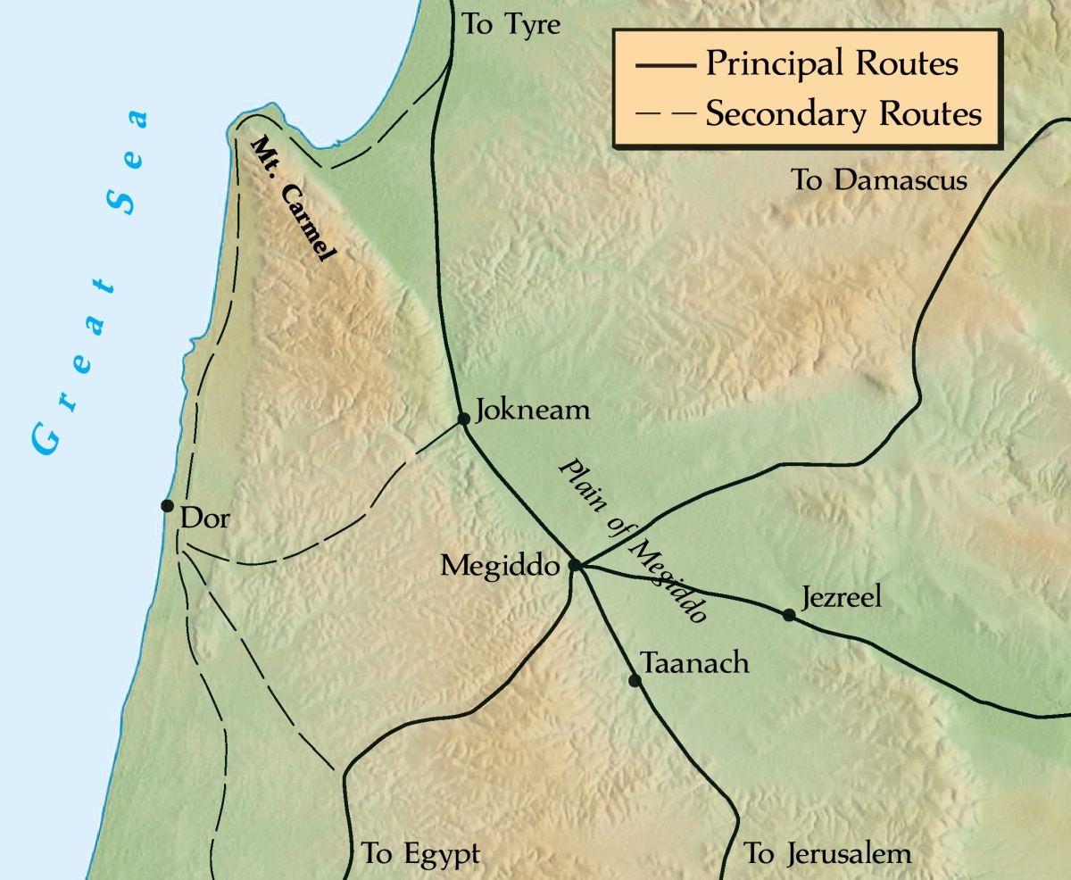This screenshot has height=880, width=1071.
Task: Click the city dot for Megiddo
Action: (x=576, y=565)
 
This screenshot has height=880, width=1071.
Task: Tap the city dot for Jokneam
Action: (x=463, y=418)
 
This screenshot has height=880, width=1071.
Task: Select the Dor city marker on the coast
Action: (x=167, y=505)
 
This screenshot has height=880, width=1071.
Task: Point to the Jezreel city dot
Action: (x=788, y=614)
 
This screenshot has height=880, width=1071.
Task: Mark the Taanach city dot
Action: (x=635, y=680)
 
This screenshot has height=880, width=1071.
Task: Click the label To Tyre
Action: (x=511, y=24)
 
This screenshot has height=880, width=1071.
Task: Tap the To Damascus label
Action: (x=879, y=181)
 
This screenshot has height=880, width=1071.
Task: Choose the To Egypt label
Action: (x=420, y=853)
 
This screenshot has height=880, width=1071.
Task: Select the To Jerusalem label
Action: (x=827, y=853)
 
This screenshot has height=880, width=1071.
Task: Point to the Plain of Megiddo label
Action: (x=635, y=541)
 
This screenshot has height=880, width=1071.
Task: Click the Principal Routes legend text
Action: (x=831, y=65)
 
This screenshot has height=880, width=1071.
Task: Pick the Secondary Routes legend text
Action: (x=843, y=114)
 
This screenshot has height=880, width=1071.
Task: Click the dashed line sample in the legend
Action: (x=665, y=115)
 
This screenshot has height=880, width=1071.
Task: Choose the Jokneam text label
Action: (x=534, y=411)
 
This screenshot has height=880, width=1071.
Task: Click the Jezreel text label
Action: (x=841, y=596)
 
